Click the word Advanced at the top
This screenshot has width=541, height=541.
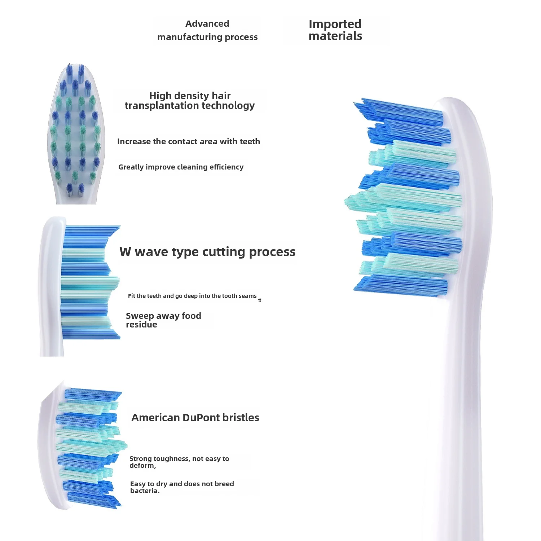point(207,24)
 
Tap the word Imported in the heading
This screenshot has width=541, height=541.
point(335,24)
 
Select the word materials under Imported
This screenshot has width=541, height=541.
point(335,36)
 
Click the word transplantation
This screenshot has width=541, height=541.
point(162,106)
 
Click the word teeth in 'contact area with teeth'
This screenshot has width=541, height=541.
point(250,142)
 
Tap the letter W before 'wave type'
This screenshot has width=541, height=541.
point(125,252)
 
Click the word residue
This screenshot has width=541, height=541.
point(141,325)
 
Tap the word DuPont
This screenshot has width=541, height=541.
point(201,418)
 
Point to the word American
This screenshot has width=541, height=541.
point(155,418)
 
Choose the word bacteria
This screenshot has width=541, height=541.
point(144,491)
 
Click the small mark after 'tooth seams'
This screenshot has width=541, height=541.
point(260,300)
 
